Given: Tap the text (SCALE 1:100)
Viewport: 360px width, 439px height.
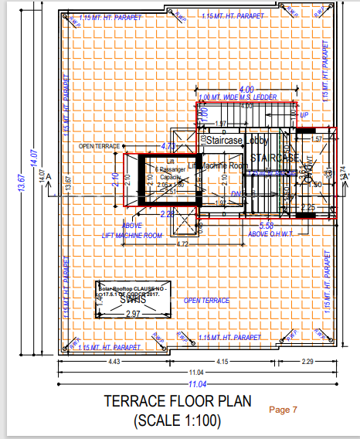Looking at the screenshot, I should [177, 420].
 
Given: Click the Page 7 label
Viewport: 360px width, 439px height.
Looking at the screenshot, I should [283, 409].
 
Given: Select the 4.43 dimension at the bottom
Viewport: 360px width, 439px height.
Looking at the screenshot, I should [113, 362].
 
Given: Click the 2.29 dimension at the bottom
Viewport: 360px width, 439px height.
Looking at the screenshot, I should [306, 362].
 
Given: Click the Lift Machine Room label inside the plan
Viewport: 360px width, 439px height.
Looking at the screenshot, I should [219, 165].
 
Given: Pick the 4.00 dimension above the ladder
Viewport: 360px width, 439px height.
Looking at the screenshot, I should [246, 89].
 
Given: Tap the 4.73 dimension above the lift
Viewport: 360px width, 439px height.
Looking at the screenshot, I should [167, 145].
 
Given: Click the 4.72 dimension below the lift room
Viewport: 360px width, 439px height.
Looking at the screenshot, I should [182, 243].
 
